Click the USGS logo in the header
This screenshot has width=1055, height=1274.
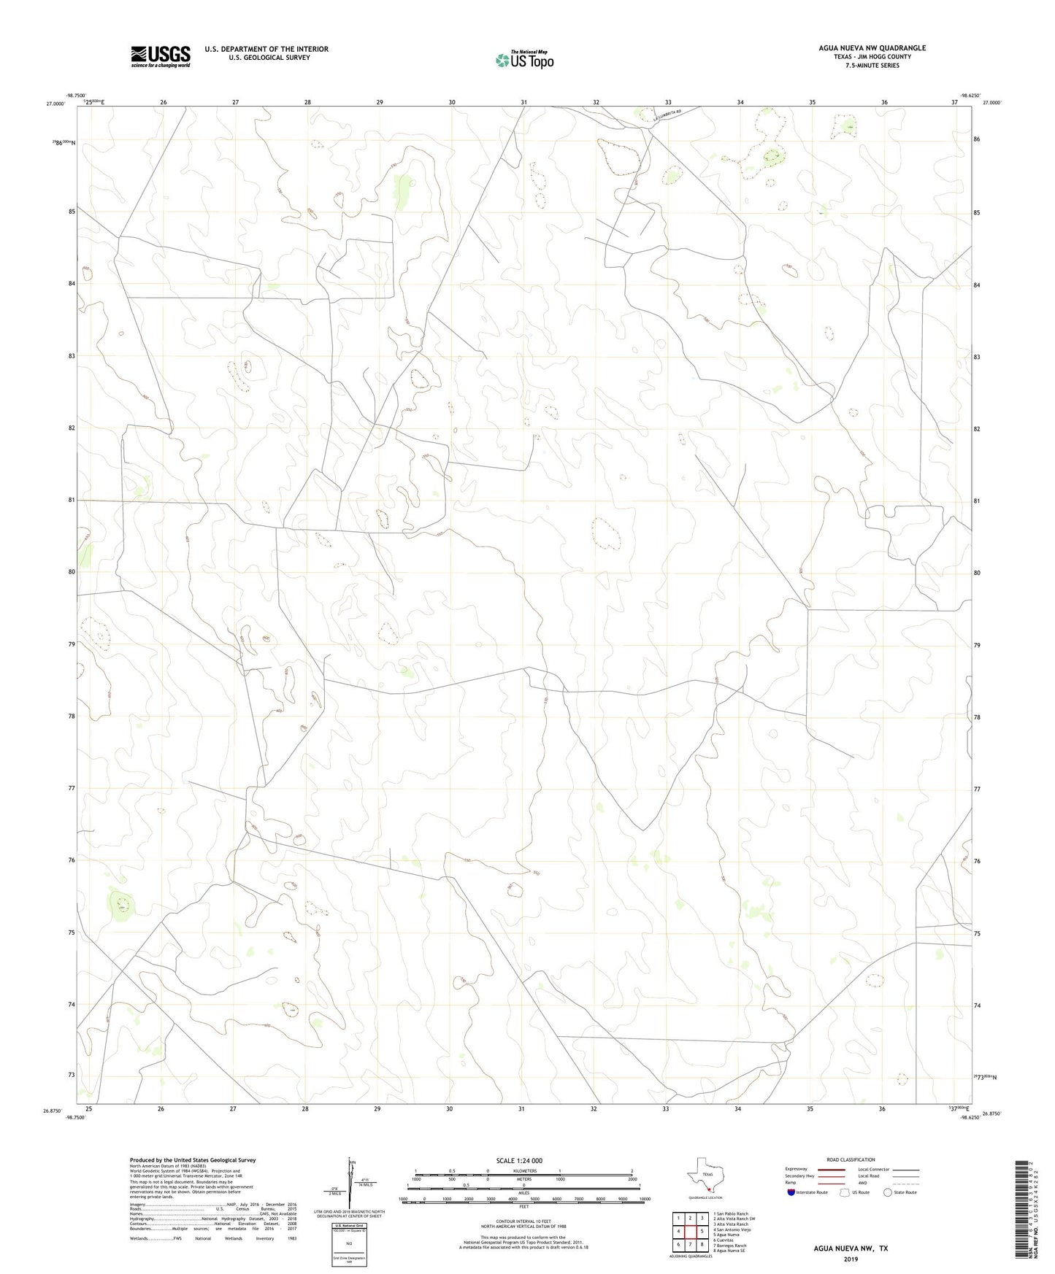161,55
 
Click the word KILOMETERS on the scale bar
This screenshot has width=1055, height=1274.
523,1170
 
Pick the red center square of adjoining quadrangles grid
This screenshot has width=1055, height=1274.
690,1230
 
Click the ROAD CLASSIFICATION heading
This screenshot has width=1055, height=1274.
851,1159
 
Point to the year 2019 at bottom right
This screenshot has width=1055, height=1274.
851,1259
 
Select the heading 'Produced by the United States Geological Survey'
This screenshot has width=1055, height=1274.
193,1159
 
